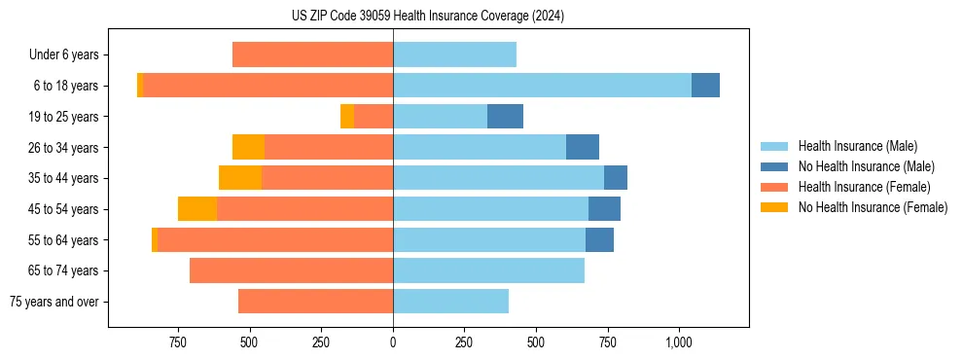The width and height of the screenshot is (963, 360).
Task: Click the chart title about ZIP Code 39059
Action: tap(428, 17)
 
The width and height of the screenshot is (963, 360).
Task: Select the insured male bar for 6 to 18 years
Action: tap(542, 86)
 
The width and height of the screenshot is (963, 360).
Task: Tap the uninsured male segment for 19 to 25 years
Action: tap(505, 117)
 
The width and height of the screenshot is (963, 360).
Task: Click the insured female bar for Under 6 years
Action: tap(312, 54)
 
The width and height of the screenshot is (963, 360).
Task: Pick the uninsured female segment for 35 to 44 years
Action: tap(240, 178)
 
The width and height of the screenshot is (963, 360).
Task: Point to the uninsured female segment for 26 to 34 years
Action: tap(248, 147)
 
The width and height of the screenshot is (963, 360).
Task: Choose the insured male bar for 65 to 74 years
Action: tap(488, 270)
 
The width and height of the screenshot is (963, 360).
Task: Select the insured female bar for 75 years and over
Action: tap(315, 302)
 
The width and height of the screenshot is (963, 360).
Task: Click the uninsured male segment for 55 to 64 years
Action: tap(599, 239)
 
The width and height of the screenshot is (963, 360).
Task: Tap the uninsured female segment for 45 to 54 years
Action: tap(197, 209)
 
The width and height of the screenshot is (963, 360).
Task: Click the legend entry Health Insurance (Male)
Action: tap(857, 146)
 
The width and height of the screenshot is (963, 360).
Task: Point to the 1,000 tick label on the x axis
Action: tap(678, 342)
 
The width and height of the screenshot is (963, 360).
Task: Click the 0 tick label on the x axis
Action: tap(393, 342)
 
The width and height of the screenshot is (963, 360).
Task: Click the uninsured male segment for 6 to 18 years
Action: tap(705, 86)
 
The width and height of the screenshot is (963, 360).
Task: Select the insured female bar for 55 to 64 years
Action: tap(275, 239)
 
